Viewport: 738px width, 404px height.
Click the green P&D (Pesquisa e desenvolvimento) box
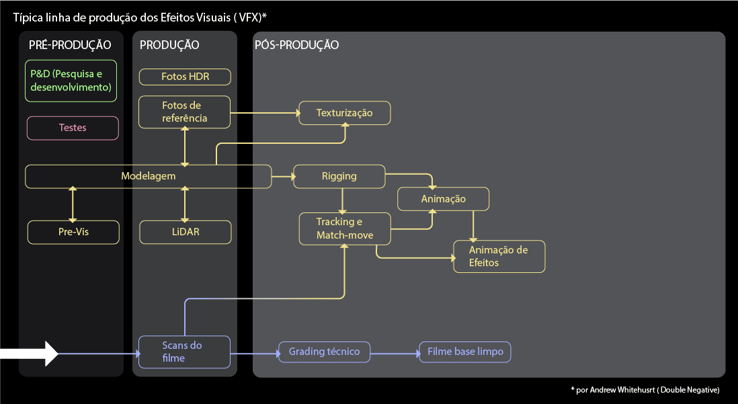coord(71,81)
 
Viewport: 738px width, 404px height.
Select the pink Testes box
coord(73,128)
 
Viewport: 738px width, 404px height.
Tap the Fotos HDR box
coord(185,77)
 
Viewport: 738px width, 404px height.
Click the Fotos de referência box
coord(185,112)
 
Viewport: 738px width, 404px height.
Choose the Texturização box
coord(344,113)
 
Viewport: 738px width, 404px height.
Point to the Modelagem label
coord(149,176)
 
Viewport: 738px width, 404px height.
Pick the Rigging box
coord(339,176)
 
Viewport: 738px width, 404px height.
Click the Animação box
coord(444,199)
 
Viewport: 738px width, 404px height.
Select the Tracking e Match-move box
coord(344,229)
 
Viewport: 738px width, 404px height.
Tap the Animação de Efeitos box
coord(498,256)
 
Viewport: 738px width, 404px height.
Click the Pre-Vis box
coord(73,232)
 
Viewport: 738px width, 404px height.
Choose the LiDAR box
coord(185,232)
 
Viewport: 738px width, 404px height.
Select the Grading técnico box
coord(324,352)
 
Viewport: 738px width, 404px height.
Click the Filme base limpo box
coord(465,352)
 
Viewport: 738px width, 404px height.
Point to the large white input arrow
coord(30,354)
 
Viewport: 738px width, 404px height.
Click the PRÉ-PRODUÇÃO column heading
coord(70,45)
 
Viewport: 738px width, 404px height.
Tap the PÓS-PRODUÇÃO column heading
coord(296,45)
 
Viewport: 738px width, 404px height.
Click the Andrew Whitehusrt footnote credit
coord(645,390)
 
